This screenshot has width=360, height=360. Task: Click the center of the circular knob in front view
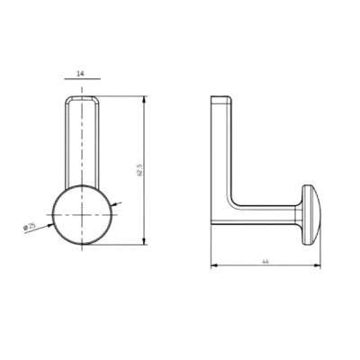[x=82, y=217]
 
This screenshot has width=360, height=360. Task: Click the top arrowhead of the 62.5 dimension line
[x=145, y=98]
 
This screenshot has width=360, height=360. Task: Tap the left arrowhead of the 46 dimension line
[x=213, y=265]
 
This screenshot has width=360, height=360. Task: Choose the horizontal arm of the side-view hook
[x=265, y=214]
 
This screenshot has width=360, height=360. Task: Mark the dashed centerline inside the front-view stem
[x=82, y=144]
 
